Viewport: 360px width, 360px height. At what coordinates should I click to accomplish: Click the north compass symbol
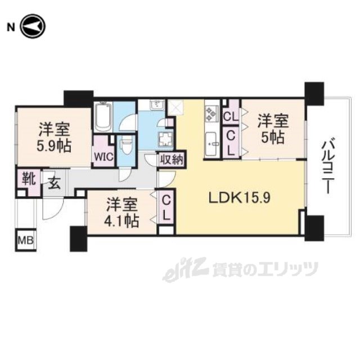[33, 26]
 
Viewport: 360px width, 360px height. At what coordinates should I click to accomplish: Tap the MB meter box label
[26, 241]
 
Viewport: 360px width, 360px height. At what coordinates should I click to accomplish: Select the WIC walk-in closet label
[103, 157]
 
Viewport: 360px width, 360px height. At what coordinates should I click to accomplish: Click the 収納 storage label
[172, 159]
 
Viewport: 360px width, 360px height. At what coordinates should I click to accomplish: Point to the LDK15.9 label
[240, 197]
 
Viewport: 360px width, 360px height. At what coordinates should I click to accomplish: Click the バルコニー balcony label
[328, 165]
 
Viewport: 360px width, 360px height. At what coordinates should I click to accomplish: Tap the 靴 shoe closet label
[29, 179]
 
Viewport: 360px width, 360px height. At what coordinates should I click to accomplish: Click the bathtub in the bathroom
[103, 116]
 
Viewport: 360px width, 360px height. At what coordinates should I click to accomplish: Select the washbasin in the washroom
[157, 105]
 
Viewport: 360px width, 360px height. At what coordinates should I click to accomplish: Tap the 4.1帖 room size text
[121, 221]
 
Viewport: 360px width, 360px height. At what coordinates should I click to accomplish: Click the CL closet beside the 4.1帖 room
[166, 209]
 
